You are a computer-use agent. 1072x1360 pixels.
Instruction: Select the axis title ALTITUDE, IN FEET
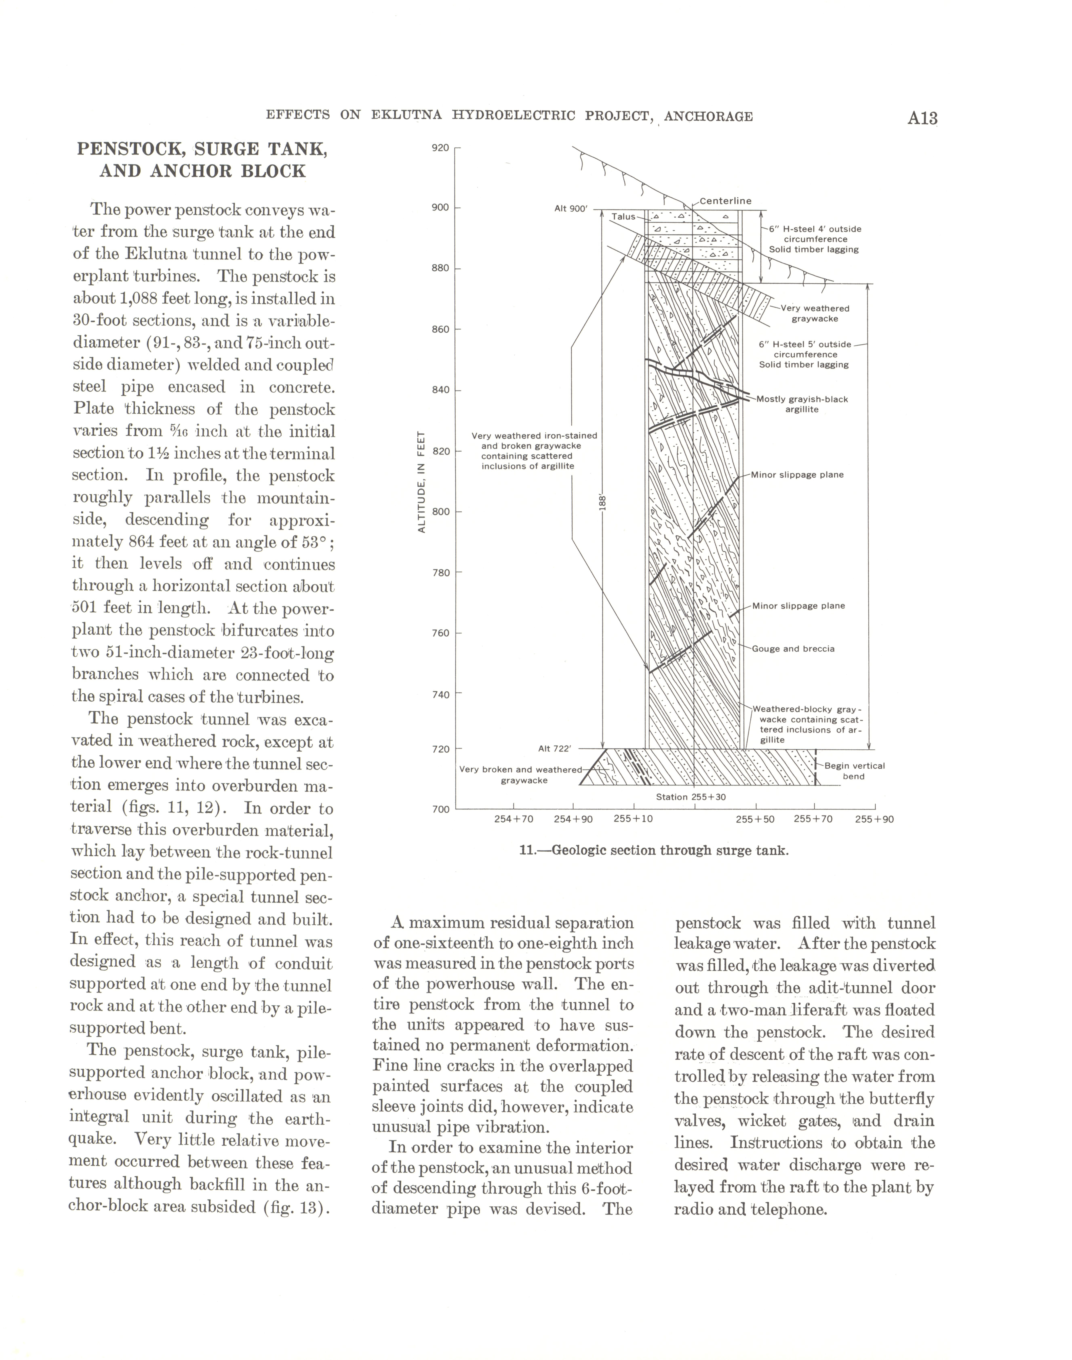(x=422, y=481)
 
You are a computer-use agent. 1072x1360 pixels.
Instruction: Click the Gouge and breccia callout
(x=793, y=649)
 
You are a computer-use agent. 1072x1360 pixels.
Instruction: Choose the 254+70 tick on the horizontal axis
(x=513, y=819)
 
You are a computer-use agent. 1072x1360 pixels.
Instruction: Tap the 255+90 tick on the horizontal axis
(x=874, y=819)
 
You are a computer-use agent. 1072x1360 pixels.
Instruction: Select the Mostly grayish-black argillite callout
(x=802, y=404)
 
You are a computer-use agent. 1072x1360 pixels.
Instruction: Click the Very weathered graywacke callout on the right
(x=815, y=313)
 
